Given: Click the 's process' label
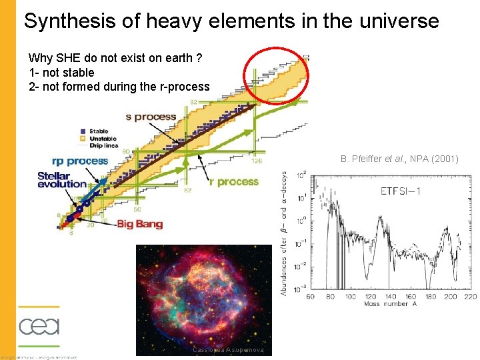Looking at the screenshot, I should [x=151, y=117].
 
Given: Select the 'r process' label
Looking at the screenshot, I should [x=233, y=182].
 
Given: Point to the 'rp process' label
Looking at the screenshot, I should [x=79, y=161].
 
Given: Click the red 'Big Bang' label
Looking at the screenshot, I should [x=140, y=224].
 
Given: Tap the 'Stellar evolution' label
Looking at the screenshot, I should [x=62, y=180].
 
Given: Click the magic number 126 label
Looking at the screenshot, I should [x=257, y=161].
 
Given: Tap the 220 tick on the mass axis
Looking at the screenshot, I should [x=470, y=296].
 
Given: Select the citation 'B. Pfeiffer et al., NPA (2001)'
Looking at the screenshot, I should [x=399, y=159].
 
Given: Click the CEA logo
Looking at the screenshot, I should [x=39, y=327].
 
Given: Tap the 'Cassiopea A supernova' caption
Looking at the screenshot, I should [x=228, y=350].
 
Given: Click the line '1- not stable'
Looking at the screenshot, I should [x=61, y=72].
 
